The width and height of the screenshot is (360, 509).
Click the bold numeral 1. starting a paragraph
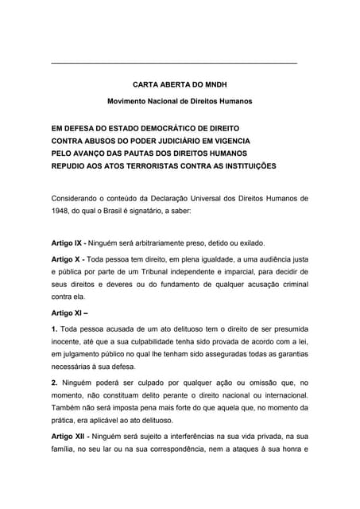54,328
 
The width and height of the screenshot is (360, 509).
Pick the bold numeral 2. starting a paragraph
54,383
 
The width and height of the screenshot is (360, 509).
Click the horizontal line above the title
173,63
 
